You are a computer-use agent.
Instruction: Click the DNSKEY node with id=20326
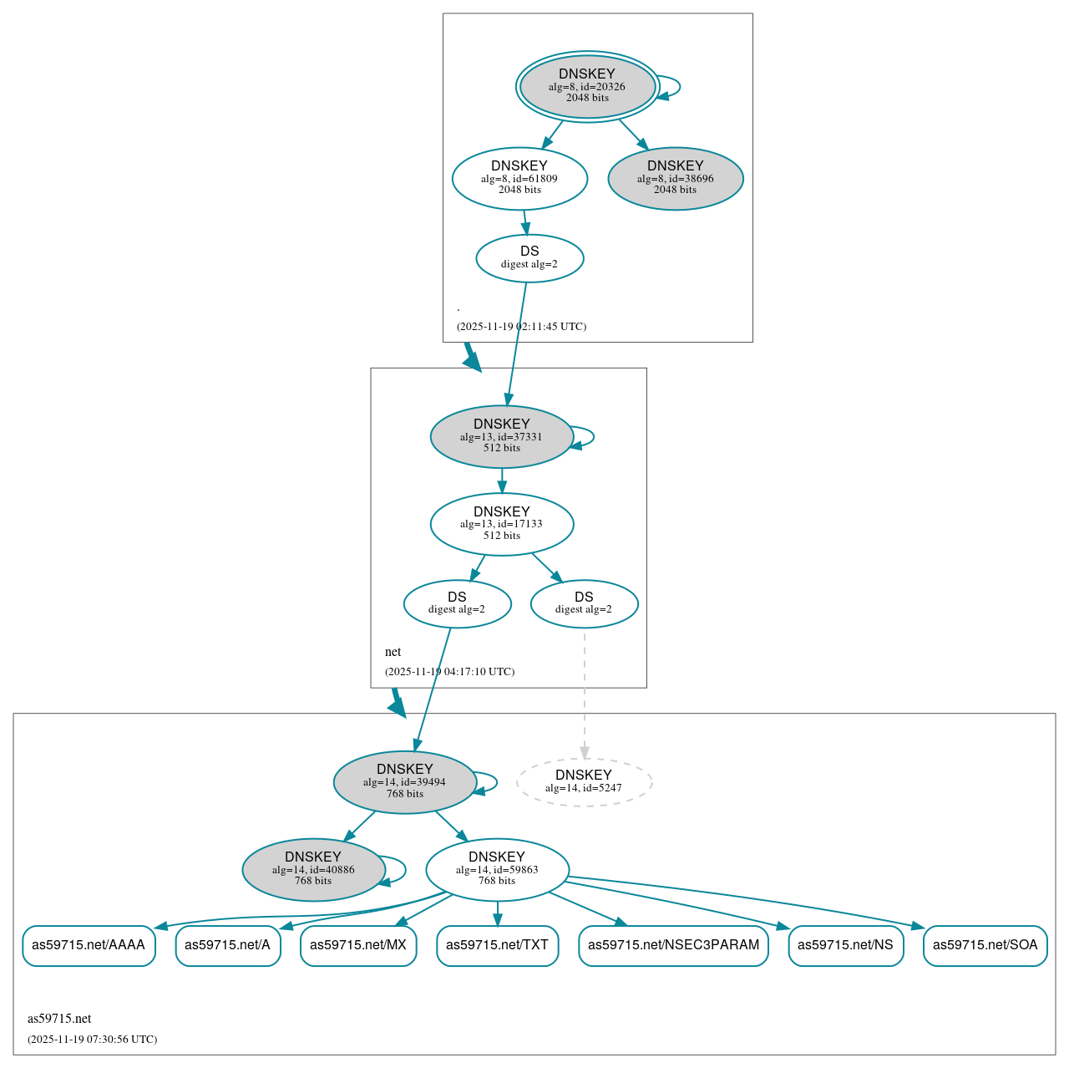pyautogui.click(x=587, y=86)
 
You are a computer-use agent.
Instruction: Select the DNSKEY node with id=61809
pyautogui.click(x=519, y=178)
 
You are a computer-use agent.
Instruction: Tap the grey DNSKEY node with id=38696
pyautogui.click(x=676, y=178)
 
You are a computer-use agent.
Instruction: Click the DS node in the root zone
pyautogui.click(x=529, y=258)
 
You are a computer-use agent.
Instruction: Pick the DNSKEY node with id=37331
pyautogui.click(x=501, y=436)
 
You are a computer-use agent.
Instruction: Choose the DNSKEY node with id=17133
pyautogui.click(x=501, y=524)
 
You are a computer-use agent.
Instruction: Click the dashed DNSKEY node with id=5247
pyautogui.click(x=584, y=782)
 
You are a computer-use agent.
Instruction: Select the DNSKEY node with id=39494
pyautogui.click(x=404, y=782)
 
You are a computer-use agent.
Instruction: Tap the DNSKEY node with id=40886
pyautogui.click(x=313, y=870)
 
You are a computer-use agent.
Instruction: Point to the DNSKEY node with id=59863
pyautogui.click(x=497, y=870)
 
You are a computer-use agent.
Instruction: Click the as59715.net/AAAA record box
pyautogui.click(x=89, y=945)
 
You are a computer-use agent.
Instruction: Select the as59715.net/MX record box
pyautogui.click(x=358, y=945)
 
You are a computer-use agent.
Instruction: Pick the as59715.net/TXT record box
pyautogui.click(x=497, y=945)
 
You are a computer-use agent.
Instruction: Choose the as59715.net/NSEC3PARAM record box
pyautogui.click(x=673, y=945)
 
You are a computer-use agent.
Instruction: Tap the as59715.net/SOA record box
pyautogui.click(x=985, y=945)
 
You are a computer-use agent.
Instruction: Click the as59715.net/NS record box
pyautogui.click(x=845, y=945)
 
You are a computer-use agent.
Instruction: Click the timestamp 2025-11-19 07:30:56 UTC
pyautogui.click(x=92, y=1040)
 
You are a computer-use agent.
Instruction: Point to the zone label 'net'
pyautogui.click(x=393, y=652)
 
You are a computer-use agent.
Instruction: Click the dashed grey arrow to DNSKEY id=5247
pyautogui.click(x=584, y=694)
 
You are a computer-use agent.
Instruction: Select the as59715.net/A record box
pyautogui.click(x=227, y=945)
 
